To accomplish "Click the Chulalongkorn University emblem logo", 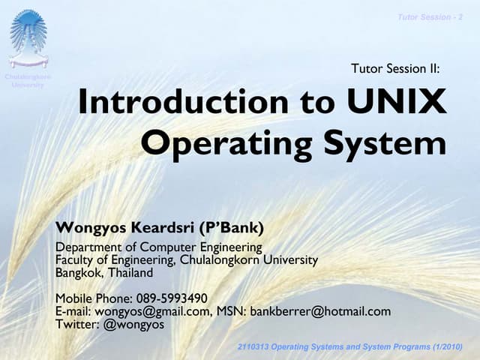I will [28, 37].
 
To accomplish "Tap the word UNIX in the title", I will [397, 103].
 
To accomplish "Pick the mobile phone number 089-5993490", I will [172, 298].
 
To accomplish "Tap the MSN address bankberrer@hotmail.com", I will [320, 311].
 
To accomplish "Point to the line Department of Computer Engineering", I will [159, 247].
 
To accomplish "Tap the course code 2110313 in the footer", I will [255, 346].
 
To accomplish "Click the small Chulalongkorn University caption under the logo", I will [28, 81].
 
